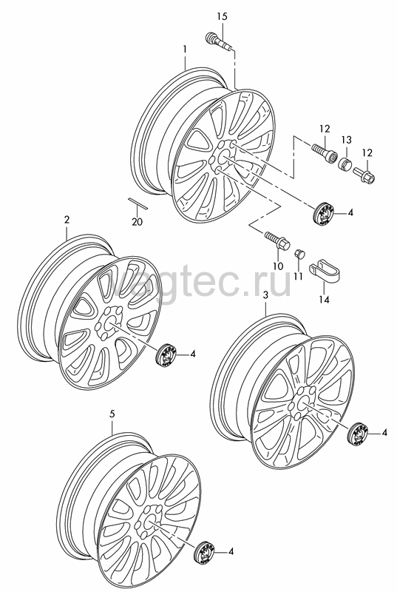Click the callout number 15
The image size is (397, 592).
pyautogui.click(x=223, y=16)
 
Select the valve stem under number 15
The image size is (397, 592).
pyautogui.click(x=219, y=41)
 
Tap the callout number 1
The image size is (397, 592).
pyautogui.click(x=185, y=49)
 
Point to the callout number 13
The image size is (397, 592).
pyautogui.click(x=347, y=140)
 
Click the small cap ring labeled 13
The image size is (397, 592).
pyautogui.click(x=345, y=164)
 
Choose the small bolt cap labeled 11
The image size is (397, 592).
pyautogui.click(x=299, y=253)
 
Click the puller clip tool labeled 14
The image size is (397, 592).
pyautogui.click(x=325, y=273)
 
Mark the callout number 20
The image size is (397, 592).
pyautogui.click(x=137, y=222)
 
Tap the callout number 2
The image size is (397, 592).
pyautogui.click(x=67, y=220)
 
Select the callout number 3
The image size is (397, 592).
pyautogui.click(x=265, y=295)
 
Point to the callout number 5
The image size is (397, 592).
pyautogui.click(x=112, y=414)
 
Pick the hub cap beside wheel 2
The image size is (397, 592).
pyautogui.click(x=166, y=354)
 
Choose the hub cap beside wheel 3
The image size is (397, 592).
pyautogui.click(x=357, y=434)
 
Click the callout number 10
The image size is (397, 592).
pyautogui.click(x=278, y=266)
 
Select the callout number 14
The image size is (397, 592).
pyautogui.click(x=324, y=300)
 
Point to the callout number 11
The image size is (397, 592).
pyautogui.click(x=298, y=276)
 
